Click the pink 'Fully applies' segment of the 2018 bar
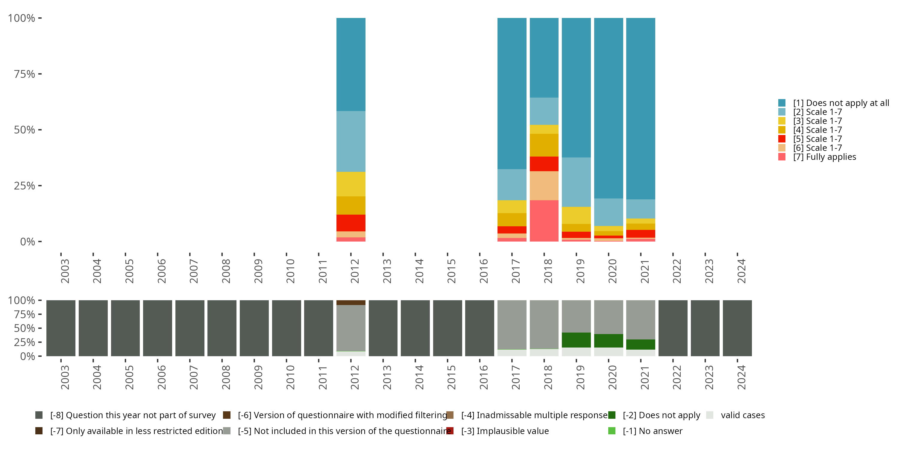(x=544, y=220)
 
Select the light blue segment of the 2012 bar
(x=351, y=141)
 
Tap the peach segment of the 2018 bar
(x=544, y=186)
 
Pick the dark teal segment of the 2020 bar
(x=608, y=108)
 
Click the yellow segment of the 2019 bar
(x=576, y=215)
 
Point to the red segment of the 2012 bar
(x=351, y=223)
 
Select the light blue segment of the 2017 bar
(x=512, y=184)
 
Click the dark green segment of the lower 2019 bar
(x=576, y=340)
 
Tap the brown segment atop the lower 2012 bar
(x=351, y=303)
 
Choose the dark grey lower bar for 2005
(x=125, y=328)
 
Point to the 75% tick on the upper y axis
(x=25, y=74)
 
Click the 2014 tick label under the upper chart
(x=419, y=271)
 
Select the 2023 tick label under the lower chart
(x=709, y=377)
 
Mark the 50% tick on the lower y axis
(x=25, y=328)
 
